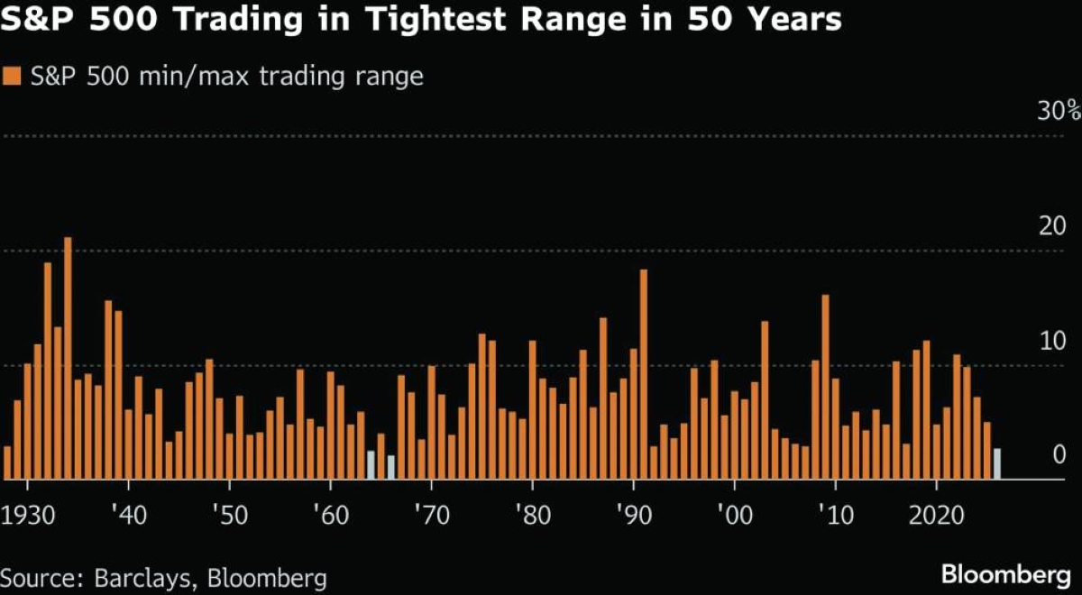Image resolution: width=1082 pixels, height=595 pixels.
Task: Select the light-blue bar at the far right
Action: (996, 463)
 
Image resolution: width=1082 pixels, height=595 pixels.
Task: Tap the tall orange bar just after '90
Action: (644, 374)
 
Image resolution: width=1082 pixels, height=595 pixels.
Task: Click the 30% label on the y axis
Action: (1058, 113)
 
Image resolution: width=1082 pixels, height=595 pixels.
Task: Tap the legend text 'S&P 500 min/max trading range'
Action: (225, 77)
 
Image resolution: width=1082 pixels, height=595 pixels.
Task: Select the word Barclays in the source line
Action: (137, 576)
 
